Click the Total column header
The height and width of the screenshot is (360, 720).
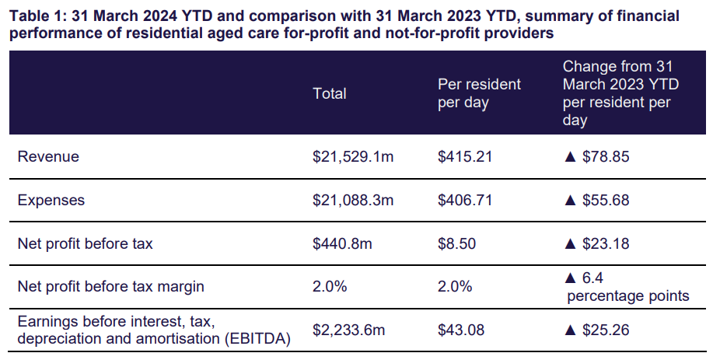(x=329, y=93)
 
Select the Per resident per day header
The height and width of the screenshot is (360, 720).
(x=479, y=93)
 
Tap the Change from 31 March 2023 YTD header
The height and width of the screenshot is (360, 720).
(x=620, y=93)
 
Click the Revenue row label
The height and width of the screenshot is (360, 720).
(x=48, y=156)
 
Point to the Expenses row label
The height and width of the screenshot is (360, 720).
(x=51, y=200)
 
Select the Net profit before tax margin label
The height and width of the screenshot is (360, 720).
(x=110, y=286)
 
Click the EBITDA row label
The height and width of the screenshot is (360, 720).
(x=153, y=330)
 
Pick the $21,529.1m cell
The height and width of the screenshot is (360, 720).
(x=353, y=156)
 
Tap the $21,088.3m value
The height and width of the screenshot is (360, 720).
(x=353, y=200)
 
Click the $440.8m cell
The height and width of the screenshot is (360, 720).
(x=342, y=243)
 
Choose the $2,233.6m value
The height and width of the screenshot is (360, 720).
(x=348, y=330)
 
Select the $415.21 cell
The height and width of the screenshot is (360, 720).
(x=465, y=156)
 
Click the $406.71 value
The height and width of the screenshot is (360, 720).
(x=465, y=200)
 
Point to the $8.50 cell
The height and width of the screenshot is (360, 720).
(x=457, y=243)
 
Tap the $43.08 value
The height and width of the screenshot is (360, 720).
(x=461, y=330)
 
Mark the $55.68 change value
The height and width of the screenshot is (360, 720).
(x=606, y=200)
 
